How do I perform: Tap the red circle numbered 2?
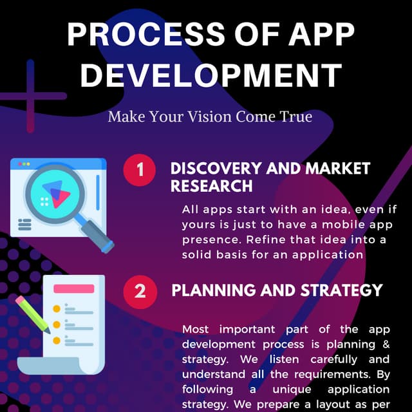click(139, 291)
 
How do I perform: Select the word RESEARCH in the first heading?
click(211, 186)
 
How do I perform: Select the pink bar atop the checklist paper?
click(73, 289)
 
